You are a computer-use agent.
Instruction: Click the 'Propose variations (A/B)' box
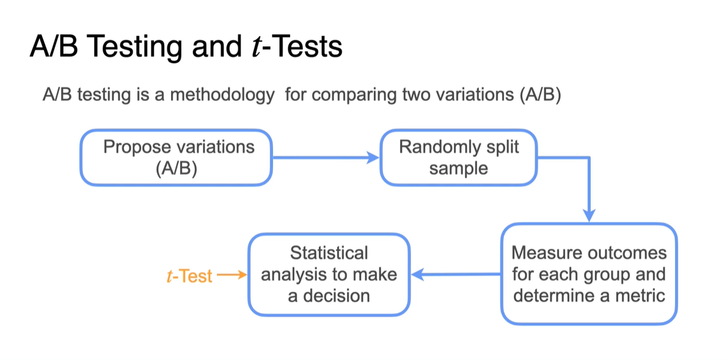(176, 158)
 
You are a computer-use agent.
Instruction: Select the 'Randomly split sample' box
(458, 158)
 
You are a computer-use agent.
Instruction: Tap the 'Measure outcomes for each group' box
(589, 273)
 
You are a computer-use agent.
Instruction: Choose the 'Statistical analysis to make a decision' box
(329, 274)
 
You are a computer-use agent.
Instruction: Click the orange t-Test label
(189, 276)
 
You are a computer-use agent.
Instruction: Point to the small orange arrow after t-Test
(232, 275)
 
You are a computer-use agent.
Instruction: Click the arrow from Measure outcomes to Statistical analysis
(456, 274)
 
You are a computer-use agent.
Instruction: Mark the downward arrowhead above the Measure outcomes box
(589, 215)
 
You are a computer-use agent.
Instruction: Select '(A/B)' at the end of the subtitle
(540, 96)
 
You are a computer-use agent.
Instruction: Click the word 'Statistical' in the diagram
(329, 253)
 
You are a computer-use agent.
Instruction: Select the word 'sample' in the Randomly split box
(458, 168)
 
